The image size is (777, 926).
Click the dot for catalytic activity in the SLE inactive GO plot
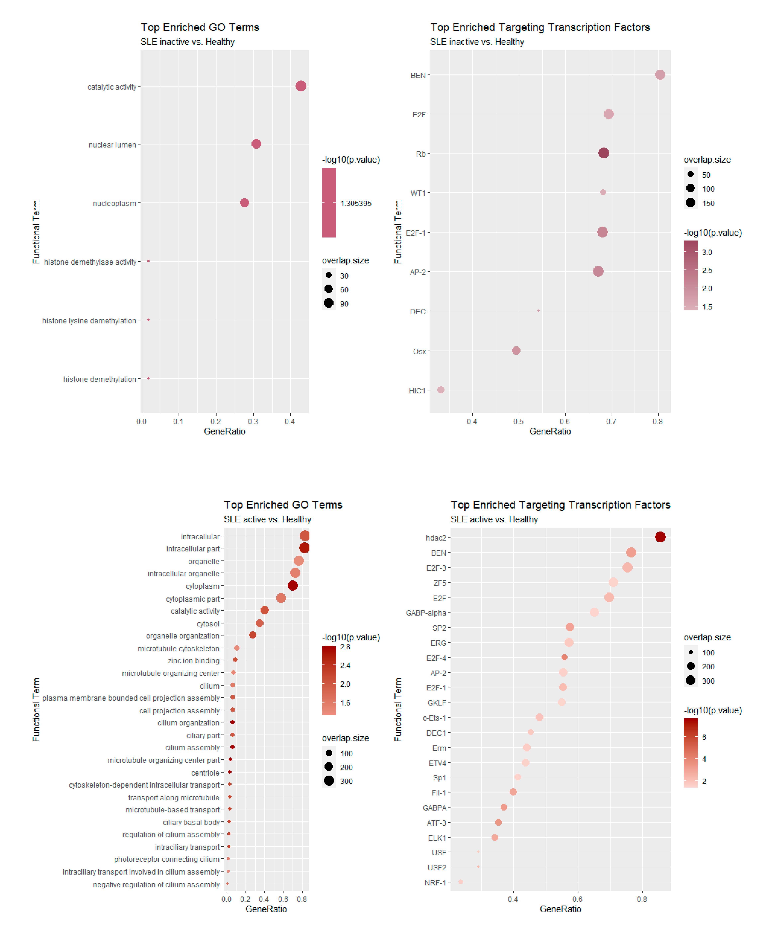(301, 86)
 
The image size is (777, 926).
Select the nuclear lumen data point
(256, 144)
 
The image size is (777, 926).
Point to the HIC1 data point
(441, 390)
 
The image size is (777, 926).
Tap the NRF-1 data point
(461, 882)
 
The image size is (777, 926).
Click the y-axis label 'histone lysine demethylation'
(89, 321)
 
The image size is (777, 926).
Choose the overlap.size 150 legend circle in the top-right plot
(691, 203)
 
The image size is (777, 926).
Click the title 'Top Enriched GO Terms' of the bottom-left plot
(283, 505)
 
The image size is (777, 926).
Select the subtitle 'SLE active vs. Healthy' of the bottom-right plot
(494, 519)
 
